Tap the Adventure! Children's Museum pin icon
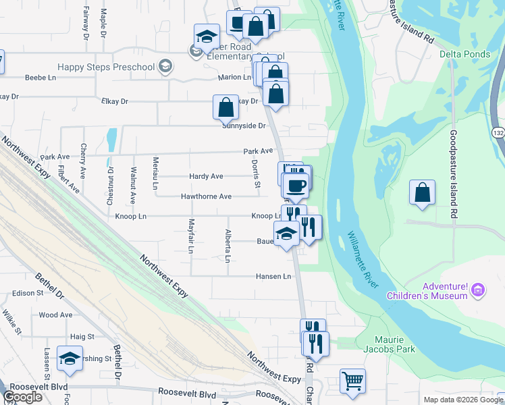tap(478, 290)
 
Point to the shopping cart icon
tap(352, 381)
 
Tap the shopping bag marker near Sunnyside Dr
tap(225, 107)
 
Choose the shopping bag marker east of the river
tap(422, 192)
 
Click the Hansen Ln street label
tap(273, 276)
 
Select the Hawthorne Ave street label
tap(206, 196)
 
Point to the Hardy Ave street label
tap(206, 176)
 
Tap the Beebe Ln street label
tap(40, 78)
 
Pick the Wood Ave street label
tap(51, 315)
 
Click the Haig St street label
tap(82, 336)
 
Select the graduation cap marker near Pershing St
tap(70, 359)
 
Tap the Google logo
tap(22, 397)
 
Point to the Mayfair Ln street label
tap(191, 236)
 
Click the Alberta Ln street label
tap(228, 246)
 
